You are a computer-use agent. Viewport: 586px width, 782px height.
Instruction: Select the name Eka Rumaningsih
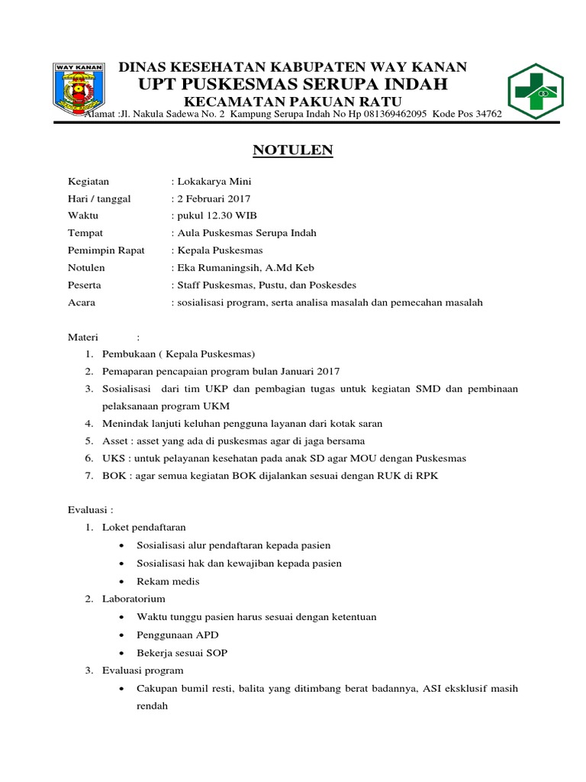tap(219, 267)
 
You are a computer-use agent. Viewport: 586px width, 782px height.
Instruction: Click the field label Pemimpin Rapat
tap(106, 250)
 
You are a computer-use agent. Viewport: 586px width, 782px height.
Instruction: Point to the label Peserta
tap(85, 284)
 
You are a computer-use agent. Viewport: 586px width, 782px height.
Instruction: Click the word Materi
tap(84, 337)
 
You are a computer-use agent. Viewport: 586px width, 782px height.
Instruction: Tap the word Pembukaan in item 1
tap(127, 354)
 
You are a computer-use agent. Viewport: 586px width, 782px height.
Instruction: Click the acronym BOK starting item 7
tap(114, 475)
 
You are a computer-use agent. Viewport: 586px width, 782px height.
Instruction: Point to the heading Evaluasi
tap(89, 510)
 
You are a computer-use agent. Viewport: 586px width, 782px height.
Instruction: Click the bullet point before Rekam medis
tap(123, 581)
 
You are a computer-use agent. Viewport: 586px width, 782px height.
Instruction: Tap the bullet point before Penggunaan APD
tap(123, 635)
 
